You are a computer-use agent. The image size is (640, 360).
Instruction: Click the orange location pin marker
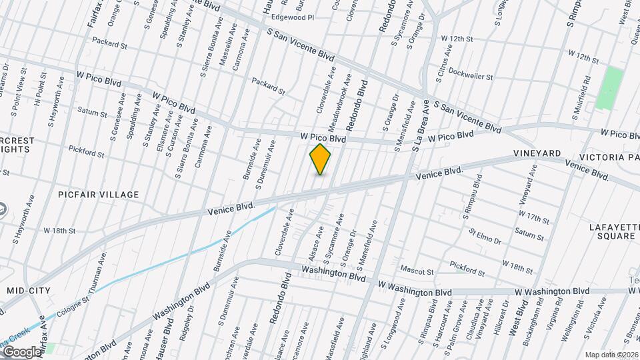(x=321, y=159)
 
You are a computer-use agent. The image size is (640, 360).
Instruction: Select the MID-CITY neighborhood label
(x=29, y=291)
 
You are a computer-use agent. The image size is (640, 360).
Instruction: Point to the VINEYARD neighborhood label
(x=537, y=154)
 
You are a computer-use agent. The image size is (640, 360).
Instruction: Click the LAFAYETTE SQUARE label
(x=614, y=231)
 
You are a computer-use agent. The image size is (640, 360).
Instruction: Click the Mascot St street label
(x=417, y=271)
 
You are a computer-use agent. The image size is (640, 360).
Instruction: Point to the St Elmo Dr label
(x=485, y=237)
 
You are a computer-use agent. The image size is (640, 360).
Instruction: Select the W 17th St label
(x=533, y=217)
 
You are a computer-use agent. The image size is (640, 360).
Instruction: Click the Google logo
(x=21, y=352)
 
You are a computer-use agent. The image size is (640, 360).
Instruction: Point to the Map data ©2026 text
(x=611, y=355)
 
